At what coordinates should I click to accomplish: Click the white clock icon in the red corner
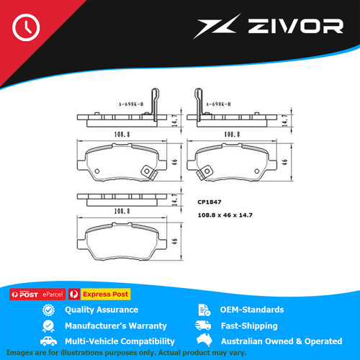[x=26, y=27]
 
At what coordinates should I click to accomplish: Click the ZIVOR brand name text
[x=296, y=26]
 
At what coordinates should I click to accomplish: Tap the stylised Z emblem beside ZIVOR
[x=217, y=26]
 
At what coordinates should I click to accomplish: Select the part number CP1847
[x=210, y=202]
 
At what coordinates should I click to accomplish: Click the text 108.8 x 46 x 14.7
[x=225, y=215]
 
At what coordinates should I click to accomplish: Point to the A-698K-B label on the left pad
[x=131, y=104]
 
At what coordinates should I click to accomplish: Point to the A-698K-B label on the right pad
[x=218, y=104]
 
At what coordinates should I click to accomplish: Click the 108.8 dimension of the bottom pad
[x=122, y=211]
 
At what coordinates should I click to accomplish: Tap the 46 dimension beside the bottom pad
[x=175, y=240]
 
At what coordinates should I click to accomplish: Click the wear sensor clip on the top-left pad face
[x=149, y=173]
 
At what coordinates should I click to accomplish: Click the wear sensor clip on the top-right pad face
[x=204, y=173]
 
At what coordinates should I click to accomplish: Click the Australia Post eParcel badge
[x=37, y=294]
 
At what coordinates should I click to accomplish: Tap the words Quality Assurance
[x=102, y=310]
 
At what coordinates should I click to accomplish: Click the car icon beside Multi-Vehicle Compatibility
[x=48, y=341]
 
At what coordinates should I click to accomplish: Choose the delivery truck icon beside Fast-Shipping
[x=203, y=325]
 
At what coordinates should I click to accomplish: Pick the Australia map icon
[x=204, y=339]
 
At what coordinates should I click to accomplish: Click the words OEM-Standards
[x=252, y=310]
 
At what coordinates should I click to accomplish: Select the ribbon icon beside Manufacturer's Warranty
[x=48, y=326]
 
